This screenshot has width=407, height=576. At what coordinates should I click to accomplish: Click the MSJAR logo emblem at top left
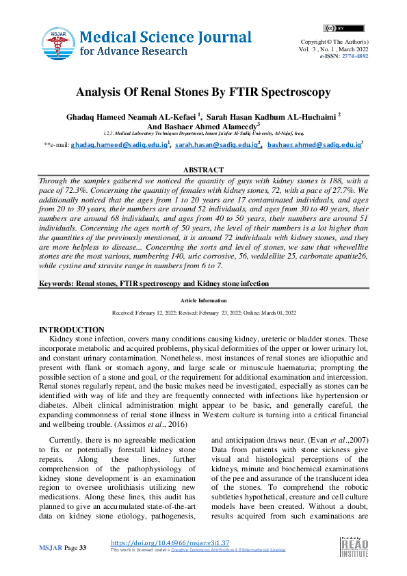pyautogui.click(x=58, y=42)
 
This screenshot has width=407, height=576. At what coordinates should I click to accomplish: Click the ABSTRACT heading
pyautogui.click(x=203, y=170)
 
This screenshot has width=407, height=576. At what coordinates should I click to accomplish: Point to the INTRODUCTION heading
pyautogui.click(x=72, y=330)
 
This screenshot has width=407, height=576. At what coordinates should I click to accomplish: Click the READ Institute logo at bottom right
pyautogui.click(x=354, y=551)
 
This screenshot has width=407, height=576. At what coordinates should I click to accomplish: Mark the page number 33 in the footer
pyautogui.click(x=83, y=549)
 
